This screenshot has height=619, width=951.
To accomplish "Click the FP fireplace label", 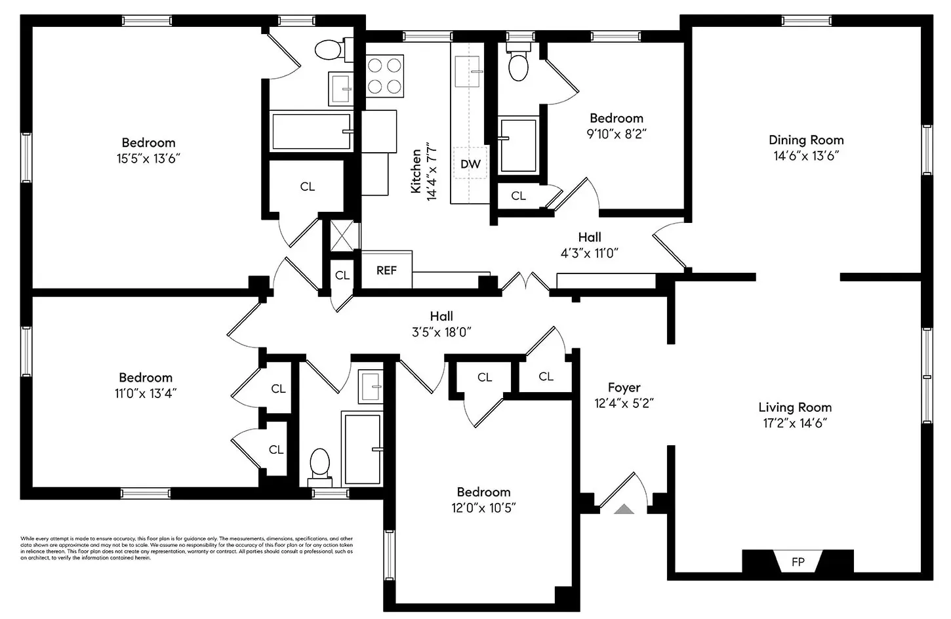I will [798, 562].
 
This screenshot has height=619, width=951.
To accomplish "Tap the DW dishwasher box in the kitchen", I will [470, 164].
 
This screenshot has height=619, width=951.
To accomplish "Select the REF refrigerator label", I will [386, 270].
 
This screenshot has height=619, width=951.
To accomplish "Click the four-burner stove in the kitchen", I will [384, 76].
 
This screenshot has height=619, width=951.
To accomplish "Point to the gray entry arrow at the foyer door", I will [624, 508].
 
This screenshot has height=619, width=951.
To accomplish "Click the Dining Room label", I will [806, 140].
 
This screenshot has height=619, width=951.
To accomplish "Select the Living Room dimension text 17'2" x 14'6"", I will [795, 424].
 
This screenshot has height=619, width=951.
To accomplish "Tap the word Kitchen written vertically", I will [416, 171].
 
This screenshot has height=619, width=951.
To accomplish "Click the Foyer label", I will [624, 388].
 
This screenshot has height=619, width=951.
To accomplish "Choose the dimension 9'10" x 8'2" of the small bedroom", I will [616, 134].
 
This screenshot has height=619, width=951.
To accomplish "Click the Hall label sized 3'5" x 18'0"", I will [441, 316].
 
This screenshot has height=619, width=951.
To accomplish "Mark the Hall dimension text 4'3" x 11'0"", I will [589, 254].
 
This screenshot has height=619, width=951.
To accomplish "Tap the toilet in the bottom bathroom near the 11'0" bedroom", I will [319, 463].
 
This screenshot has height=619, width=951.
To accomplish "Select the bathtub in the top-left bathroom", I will [311, 131].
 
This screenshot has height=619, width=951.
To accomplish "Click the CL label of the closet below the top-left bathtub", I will [307, 187].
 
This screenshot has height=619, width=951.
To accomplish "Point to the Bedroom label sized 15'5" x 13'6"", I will [148, 142].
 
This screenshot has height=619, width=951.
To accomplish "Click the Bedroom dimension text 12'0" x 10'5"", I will [483, 508].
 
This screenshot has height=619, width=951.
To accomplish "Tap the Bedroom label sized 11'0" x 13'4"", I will [146, 377].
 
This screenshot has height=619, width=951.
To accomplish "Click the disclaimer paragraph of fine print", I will [187, 548].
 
